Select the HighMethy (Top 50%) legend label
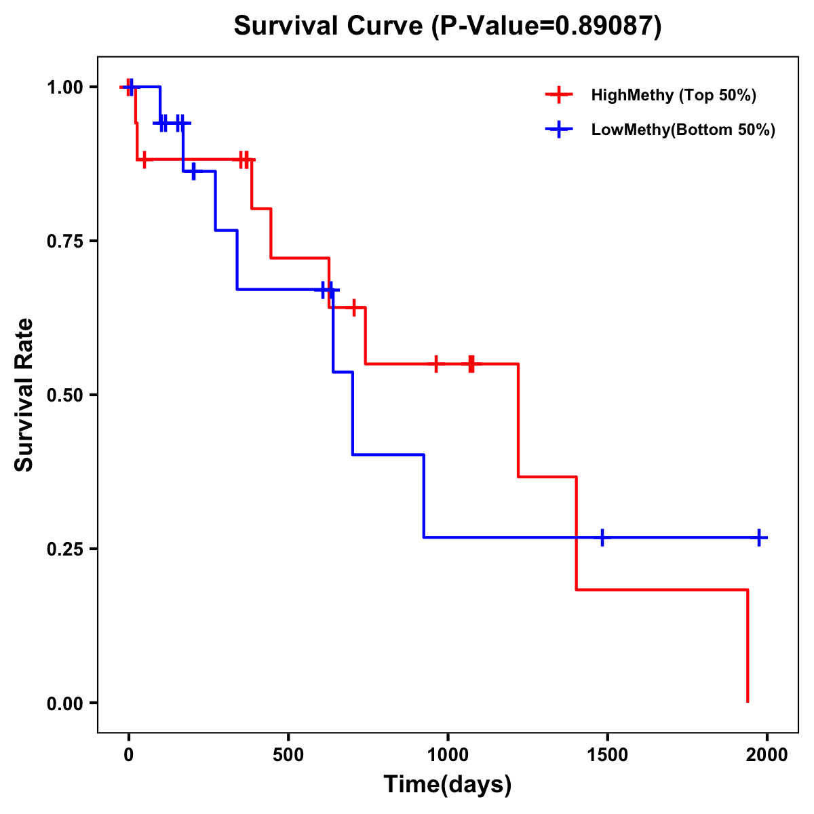pyautogui.click(x=673, y=95)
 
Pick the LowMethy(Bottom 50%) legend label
pyautogui.click(x=682, y=130)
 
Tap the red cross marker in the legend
pyautogui.click(x=558, y=95)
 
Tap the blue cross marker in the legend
pyautogui.click(x=558, y=130)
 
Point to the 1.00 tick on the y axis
pyautogui.click(x=64, y=87)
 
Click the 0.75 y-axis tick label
pyautogui.click(x=64, y=241)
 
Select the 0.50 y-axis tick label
pyautogui.click(x=64, y=395)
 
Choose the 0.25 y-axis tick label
pyautogui.click(x=64, y=549)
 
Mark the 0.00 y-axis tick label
pyautogui.click(x=64, y=703)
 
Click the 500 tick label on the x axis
pyautogui.click(x=288, y=755)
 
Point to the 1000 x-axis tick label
pyautogui.click(x=448, y=755)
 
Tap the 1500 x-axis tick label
pyautogui.click(x=607, y=755)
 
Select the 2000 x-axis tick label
pyautogui.click(x=767, y=755)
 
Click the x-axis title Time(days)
pyautogui.click(x=448, y=785)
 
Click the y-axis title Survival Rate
pyautogui.click(x=24, y=395)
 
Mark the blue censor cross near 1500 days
pyautogui.click(x=601, y=537)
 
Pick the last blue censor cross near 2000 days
pyautogui.click(x=759, y=537)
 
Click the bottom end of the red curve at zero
pyautogui.click(x=748, y=701)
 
